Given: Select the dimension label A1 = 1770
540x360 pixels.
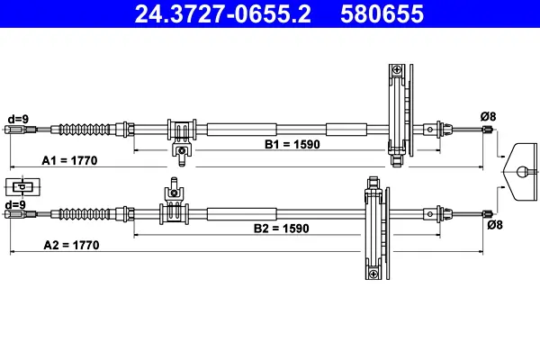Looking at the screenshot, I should [x=69, y=160].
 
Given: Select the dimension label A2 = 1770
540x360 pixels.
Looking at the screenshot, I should [x=71, y=245].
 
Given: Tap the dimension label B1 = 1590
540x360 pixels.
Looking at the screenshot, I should [x=292, y=144].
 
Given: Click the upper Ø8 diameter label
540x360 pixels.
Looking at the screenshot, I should [x=487, y=115].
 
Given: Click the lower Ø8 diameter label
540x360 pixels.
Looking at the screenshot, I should [x=494, y=226].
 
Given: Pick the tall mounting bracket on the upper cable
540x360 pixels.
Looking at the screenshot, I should [x=397, y=115].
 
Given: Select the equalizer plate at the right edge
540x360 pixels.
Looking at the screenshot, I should [x=521, y=170].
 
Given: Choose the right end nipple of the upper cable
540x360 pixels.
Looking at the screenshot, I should [x=488, y=130].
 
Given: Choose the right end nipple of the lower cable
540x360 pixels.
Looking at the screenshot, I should [x=488, y=214].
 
